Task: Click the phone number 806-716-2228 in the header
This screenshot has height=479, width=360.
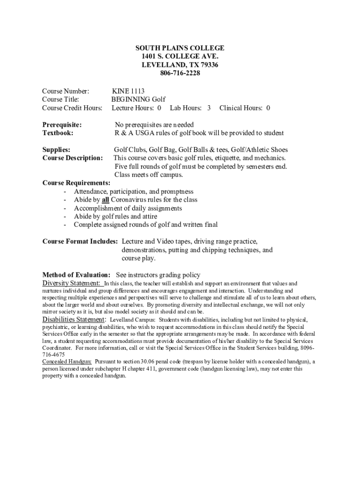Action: click(180, 73)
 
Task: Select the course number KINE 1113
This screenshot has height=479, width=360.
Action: click(128, 91)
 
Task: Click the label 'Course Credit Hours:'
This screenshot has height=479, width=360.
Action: click(72, 108)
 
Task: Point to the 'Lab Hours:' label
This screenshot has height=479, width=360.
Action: click(186, 108)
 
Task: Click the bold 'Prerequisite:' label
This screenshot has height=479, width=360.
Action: click(62, 125)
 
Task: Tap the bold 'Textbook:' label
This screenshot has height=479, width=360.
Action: click(58, 133)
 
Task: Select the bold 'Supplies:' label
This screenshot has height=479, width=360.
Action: click(56, 150)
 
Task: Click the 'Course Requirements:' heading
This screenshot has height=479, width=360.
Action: click(76, 183)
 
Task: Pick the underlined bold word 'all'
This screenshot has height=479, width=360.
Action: click(105, 200)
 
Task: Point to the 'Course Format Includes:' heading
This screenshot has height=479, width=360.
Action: click(80, 241)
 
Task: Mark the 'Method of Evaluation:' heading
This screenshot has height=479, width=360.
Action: click(76, 275)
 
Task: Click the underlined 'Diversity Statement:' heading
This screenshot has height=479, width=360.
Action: click(71, 283)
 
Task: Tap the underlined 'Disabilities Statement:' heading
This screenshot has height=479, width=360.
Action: click(74, 319)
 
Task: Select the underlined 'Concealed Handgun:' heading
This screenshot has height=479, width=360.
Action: click(67, 362)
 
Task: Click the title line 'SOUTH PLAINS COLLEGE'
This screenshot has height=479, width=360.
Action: click(180, 48)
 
